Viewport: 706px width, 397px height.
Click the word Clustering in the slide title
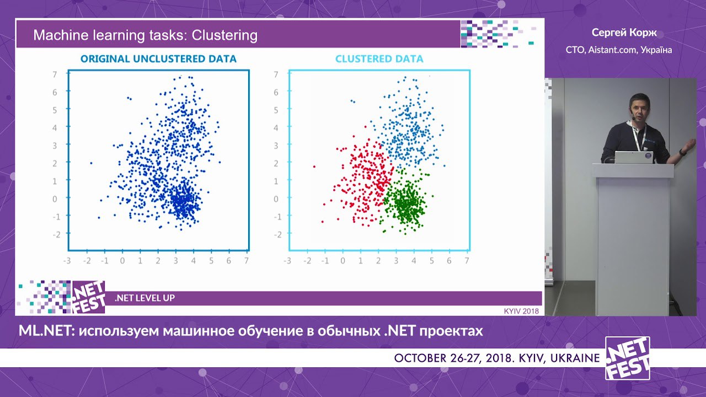pos(224,36)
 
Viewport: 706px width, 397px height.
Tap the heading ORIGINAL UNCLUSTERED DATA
pos(158,59)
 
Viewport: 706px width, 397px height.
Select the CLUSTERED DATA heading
pos(379,59)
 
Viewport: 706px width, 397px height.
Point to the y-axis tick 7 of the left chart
pos(55,74)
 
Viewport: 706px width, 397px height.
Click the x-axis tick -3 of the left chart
pos(67,261)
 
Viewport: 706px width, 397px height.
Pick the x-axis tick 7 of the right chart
pos(467,261)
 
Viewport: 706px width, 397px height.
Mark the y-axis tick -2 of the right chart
pos(277,234)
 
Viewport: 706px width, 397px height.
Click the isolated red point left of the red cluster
pos(314,167)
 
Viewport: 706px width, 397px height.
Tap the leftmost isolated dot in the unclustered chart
pos(91,163)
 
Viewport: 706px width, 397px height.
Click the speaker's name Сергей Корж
pos(624,33)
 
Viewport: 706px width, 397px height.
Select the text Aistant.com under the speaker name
pos(612,50)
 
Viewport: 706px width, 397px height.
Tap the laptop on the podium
pos(634,157)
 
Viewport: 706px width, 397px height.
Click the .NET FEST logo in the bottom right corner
pos(628,358)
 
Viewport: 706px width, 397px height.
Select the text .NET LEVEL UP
pos(145,298)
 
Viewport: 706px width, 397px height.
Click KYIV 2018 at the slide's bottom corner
pos(521,312)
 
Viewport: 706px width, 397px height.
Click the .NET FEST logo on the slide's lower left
pos(89,297)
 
